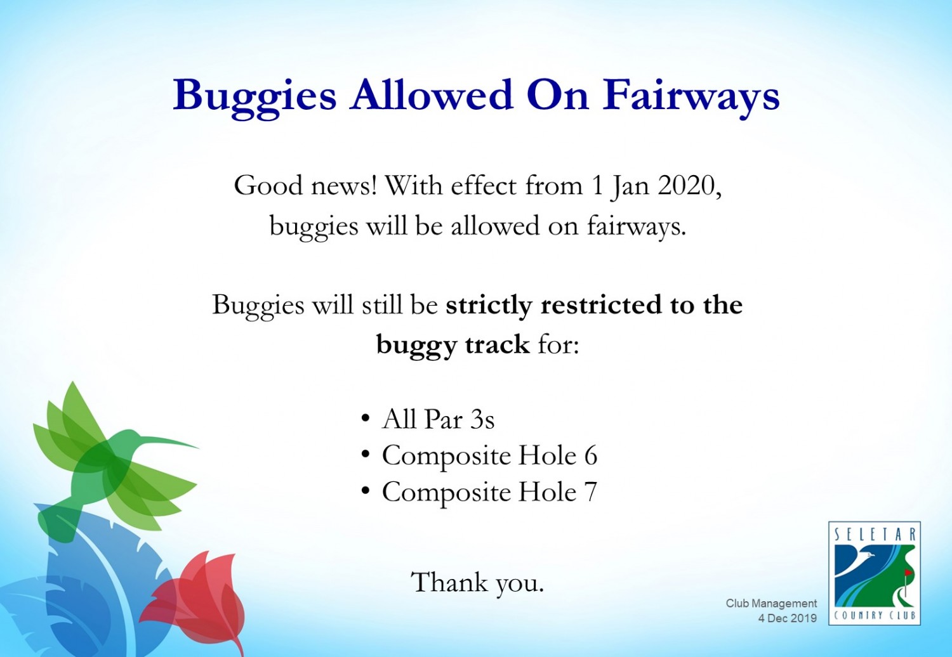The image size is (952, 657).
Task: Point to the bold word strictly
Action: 489,306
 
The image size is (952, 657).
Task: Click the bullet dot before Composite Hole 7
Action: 365,491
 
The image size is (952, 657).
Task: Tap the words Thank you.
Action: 477,582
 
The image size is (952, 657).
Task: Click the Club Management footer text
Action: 771,603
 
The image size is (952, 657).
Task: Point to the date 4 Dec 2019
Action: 788,618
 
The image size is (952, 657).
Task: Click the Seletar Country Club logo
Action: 875,573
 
